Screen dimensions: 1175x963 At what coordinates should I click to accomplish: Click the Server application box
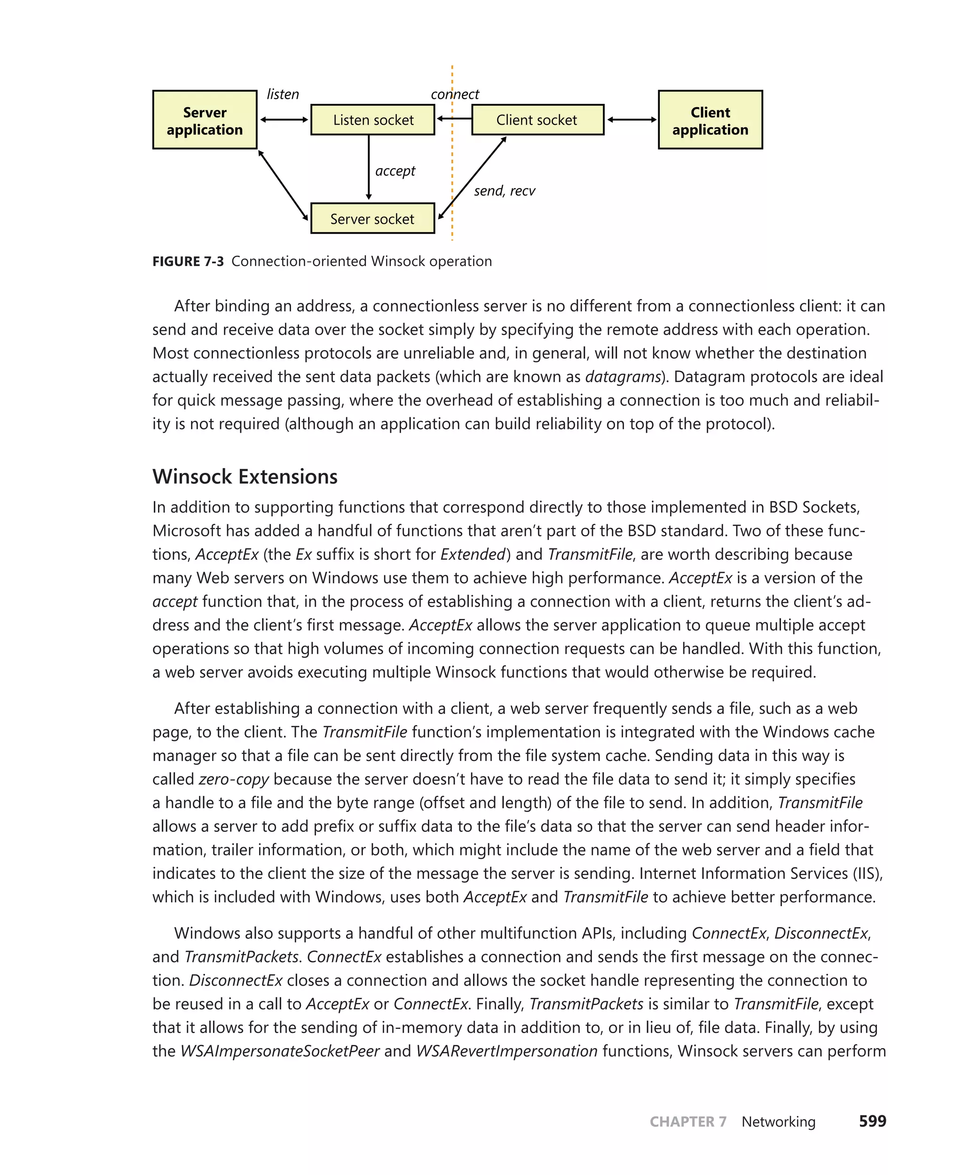point(205,120)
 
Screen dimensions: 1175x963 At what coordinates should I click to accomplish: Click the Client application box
point(710,120)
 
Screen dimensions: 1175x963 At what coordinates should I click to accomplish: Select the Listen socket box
point(373,120)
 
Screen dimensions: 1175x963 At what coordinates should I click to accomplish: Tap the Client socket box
point(537,120)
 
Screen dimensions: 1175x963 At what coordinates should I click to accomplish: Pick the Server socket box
point(372,219)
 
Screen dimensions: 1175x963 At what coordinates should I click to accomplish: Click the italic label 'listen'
point(283,94)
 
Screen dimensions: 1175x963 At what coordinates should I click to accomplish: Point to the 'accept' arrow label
point(395,171)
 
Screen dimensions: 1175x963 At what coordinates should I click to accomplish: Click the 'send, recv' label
point(504,191)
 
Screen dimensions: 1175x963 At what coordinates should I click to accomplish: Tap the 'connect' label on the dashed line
point(455,94)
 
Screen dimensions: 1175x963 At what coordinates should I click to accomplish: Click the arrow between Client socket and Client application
point(631,119)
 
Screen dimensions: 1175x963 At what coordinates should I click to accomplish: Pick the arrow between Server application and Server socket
point(283,185)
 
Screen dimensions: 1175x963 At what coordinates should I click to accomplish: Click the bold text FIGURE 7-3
point(188,261)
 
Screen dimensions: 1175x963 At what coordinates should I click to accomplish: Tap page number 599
point(872,1121)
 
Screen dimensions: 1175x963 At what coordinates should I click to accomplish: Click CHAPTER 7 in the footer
point(688,1122)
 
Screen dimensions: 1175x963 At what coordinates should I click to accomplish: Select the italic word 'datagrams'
point(623,377)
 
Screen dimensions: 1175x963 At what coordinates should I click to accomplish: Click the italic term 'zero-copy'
point(234,779)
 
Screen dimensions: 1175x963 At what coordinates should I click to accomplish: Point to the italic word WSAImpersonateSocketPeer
point(280,1051)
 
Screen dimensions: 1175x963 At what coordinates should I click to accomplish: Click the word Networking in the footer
point(778,1122)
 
